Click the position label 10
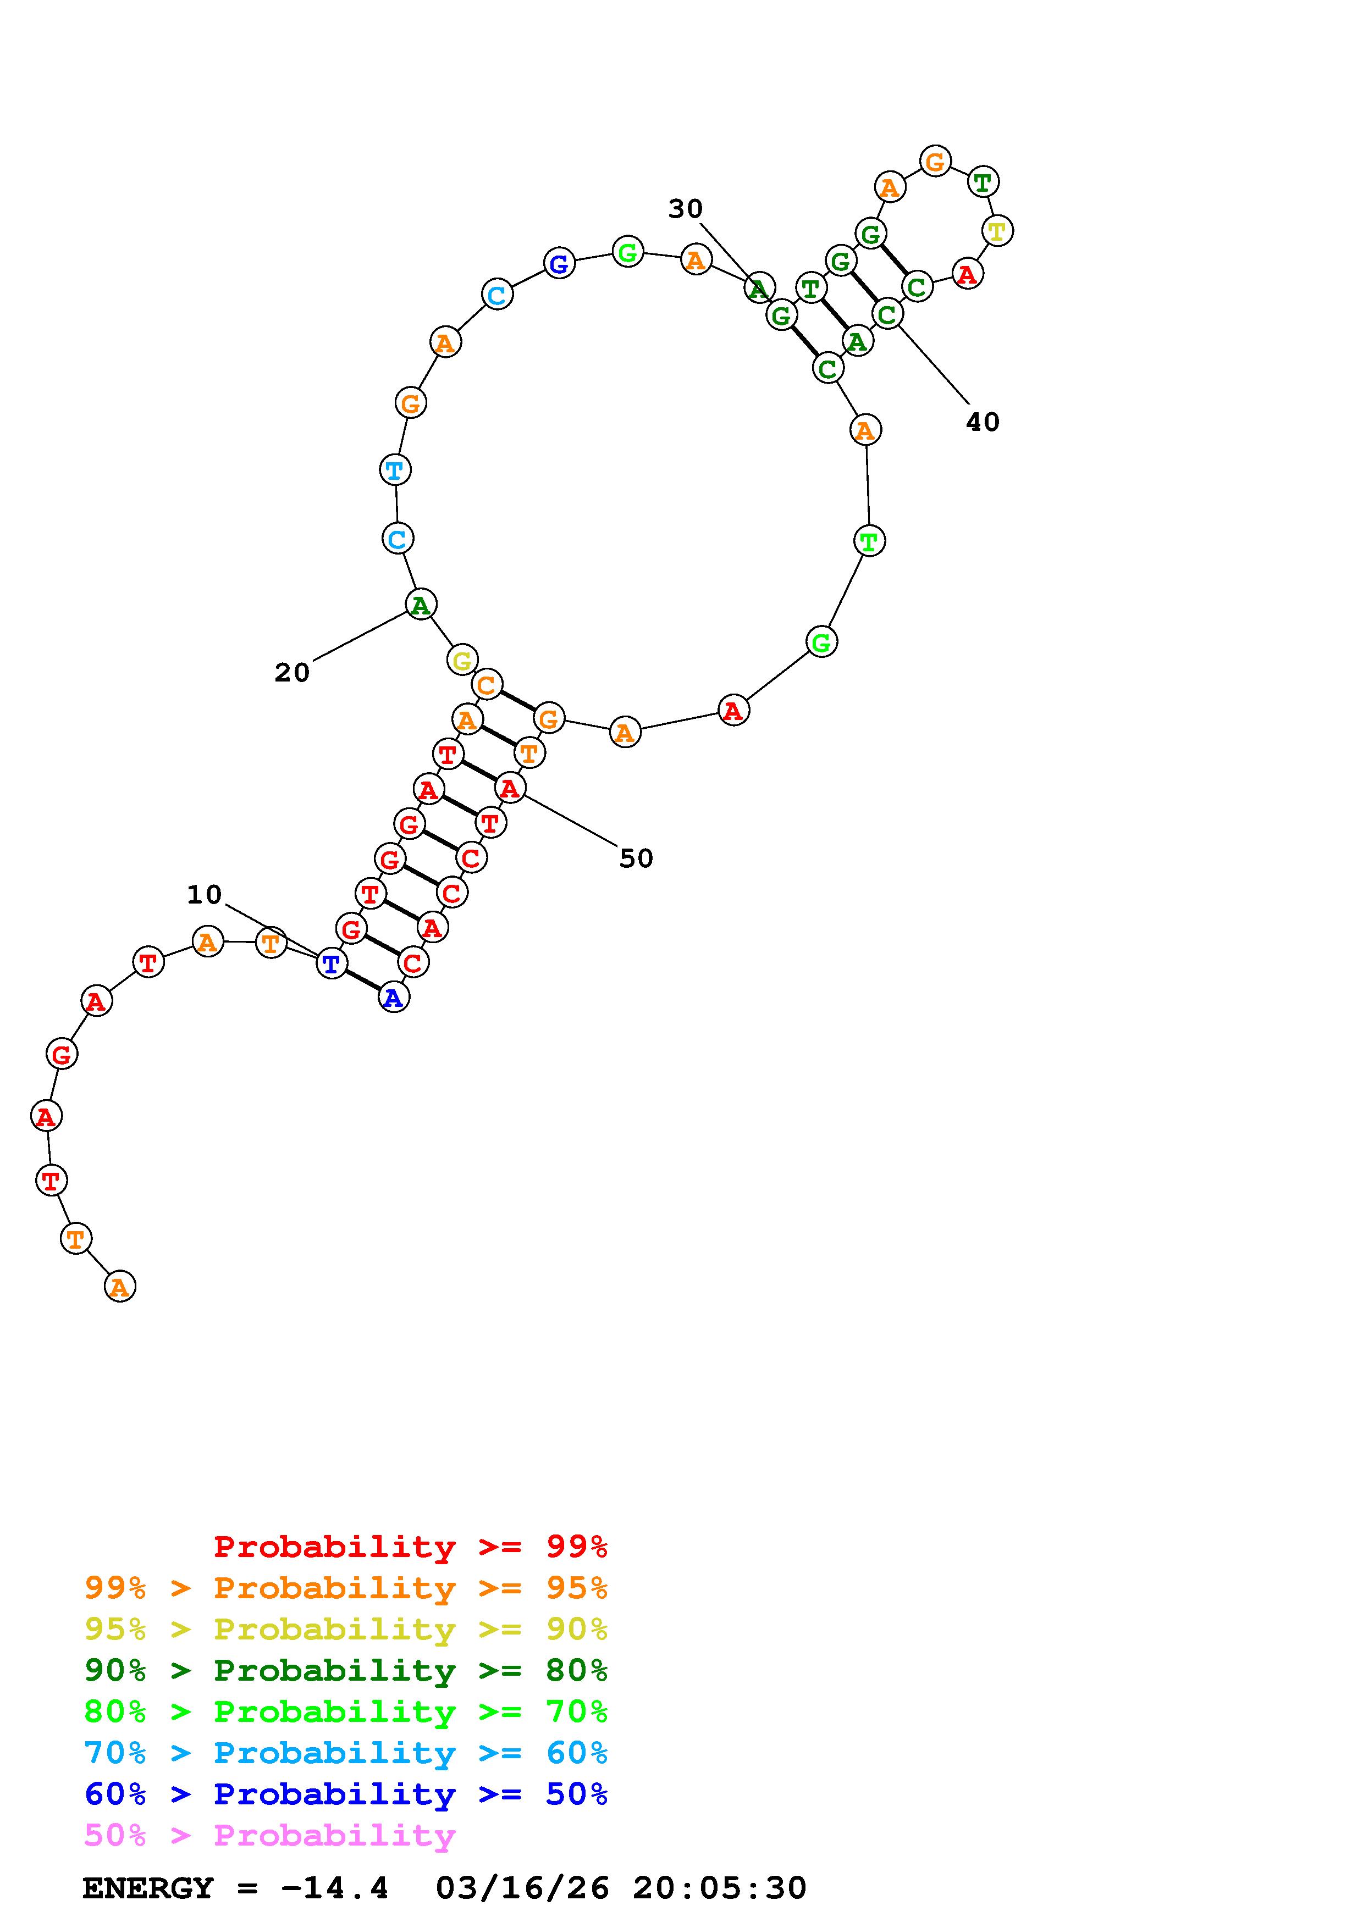[204, 895]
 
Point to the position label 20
[293, 673]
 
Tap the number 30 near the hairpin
[685, 209]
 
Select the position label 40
[983, 423]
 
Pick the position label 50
[636, 858]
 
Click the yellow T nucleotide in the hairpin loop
[997, 231]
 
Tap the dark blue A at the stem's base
[393, 998]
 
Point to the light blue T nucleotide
[395, 469]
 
